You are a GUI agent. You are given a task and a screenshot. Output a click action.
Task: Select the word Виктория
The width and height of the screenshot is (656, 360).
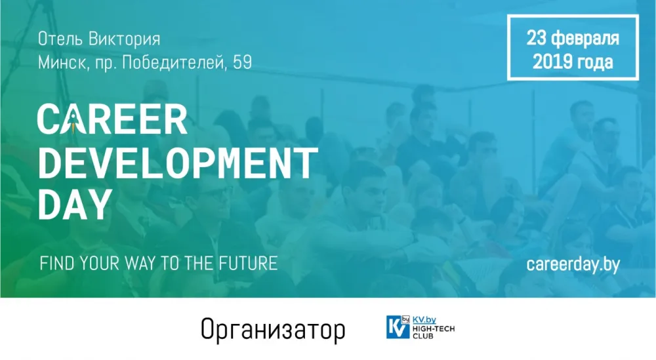point(125,39)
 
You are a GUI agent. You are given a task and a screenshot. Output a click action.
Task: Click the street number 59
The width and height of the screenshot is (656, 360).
point(243,63)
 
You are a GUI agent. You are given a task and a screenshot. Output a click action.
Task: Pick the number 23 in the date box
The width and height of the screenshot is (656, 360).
point(537,37)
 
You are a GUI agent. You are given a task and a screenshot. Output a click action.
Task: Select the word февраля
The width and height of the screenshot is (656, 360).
point(585,39)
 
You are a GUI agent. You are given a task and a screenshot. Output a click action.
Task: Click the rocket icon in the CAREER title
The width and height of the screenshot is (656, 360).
point(73,121)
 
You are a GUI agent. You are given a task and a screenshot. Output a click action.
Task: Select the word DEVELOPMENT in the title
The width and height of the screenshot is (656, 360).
point(178,163)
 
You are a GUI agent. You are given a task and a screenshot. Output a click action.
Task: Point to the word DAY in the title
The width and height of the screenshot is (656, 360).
point(75,204)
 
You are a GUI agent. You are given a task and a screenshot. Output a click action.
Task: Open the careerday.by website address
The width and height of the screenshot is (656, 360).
point(573,264)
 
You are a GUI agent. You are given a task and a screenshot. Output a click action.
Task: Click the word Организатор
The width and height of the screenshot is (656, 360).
point(273,330)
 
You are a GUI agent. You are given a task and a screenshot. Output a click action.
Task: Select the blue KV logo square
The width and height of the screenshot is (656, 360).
point(398,327)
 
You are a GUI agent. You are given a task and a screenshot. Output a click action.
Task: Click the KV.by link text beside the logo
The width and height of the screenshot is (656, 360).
point(424,320)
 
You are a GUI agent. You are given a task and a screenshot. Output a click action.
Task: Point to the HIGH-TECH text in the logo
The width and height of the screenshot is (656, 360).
point(434,329)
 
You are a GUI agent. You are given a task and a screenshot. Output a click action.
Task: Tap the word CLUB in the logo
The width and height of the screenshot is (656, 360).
point(423,335)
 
